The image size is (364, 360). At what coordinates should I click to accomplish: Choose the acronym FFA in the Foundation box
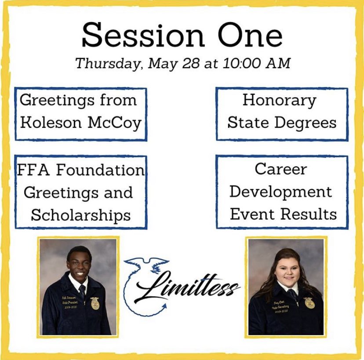(31, 170)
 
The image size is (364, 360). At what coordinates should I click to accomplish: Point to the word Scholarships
(80, 215)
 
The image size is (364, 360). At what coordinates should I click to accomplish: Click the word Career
(280, 169)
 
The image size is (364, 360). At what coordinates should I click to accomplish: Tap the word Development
(280, 192)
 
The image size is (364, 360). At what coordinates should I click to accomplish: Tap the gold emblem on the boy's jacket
(95, 303)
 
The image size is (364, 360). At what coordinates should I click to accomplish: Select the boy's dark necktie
(82, 292)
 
